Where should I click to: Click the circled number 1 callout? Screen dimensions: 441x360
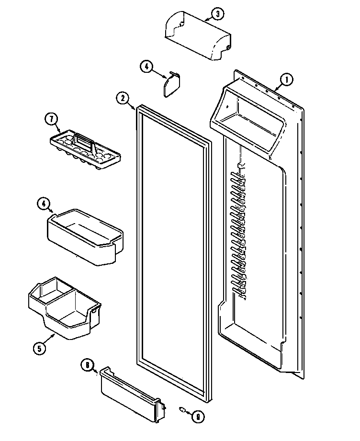point(286,80)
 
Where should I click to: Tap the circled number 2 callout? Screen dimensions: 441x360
point(123,99)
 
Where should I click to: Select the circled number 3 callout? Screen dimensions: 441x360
point(217,14)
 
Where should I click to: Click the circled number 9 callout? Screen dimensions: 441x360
point(197,417)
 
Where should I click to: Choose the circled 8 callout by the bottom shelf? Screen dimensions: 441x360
point(87,365)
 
